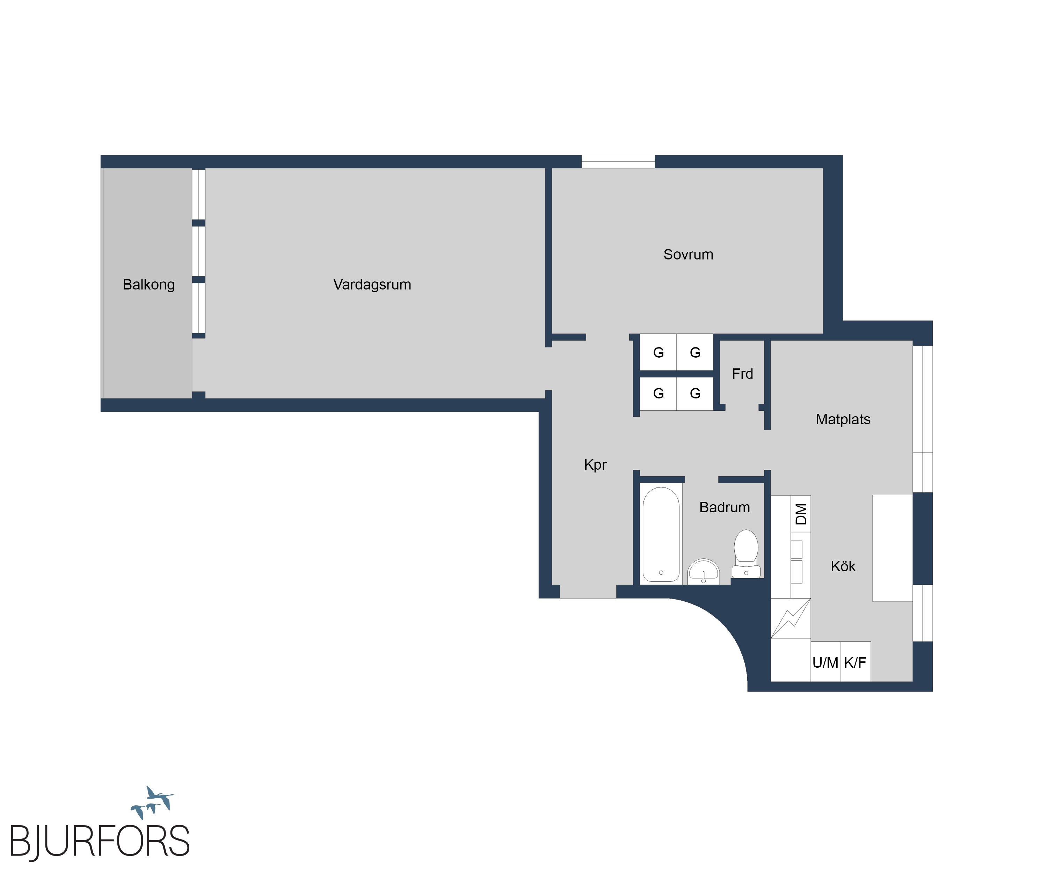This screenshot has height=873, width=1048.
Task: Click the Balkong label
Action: click(x=149, y=285)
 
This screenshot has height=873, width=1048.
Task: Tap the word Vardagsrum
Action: click(x=372, y=285)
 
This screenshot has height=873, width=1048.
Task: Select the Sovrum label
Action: click(x=688, y=255)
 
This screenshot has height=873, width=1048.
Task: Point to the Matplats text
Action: click(x=843, y=419)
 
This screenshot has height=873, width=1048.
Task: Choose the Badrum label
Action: click(x=725, y=507)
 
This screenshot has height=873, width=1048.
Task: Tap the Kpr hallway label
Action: click(x=595, y=465)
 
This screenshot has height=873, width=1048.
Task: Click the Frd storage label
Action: click(x=743, y=374)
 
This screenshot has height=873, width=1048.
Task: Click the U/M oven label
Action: click(x=825, y=662)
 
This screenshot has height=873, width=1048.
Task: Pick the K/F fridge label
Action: click(x=856, y=662)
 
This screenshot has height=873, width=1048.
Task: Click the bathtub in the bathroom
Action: click(x=661, y=534)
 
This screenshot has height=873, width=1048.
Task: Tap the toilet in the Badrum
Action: click(x=746, y=554)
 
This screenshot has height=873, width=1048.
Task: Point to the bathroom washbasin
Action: click(x=704, y=572)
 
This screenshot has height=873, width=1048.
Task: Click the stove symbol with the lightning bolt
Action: click(x=791, y=618)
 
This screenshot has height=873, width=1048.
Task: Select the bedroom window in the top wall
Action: click(x=618, y=162)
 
